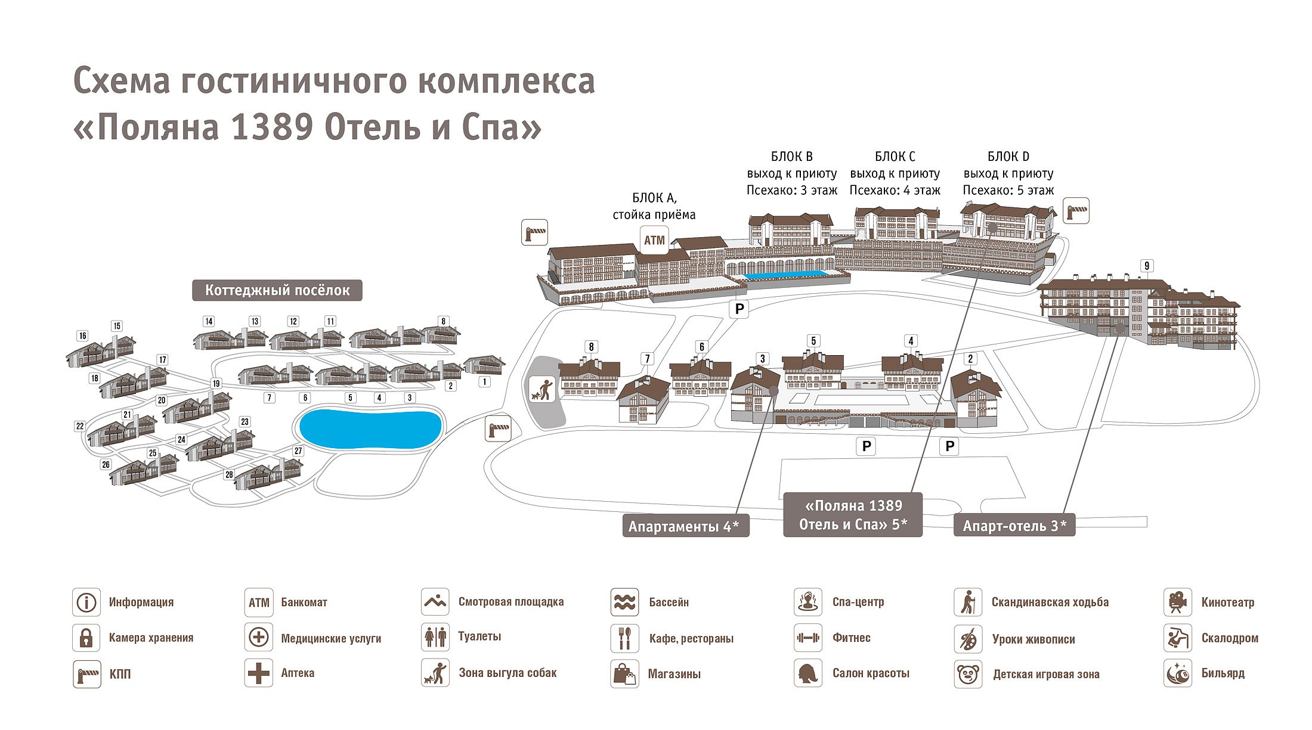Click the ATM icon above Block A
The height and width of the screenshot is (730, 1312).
coord(654,240)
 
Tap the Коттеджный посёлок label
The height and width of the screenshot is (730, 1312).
coord(277,290)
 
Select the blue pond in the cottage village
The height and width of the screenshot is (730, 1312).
coord(370,428)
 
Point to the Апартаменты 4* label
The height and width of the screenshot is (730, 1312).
coord(685,526)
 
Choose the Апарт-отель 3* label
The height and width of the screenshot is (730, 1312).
coord(1014,526)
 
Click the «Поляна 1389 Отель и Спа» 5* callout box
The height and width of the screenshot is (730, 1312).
coord(853,515)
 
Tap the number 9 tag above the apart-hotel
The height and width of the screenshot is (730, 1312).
coord(1147,266)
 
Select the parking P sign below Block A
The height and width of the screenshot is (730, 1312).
coord(739,309)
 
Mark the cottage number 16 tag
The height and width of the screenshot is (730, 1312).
coord(83,336)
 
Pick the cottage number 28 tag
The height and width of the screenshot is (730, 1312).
coord(230,474)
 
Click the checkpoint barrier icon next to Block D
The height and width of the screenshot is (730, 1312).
coord(1076,211)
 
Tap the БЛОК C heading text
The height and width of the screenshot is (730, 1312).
coord(895,157)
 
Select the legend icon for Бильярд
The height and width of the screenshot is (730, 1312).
coord(1177,673)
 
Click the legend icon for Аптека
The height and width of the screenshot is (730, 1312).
coord(259,673)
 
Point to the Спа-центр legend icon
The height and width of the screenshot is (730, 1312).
coord(808,602)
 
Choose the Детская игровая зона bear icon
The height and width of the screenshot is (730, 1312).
coord(968,674)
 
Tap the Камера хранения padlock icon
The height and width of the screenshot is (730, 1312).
coord(86,638)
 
